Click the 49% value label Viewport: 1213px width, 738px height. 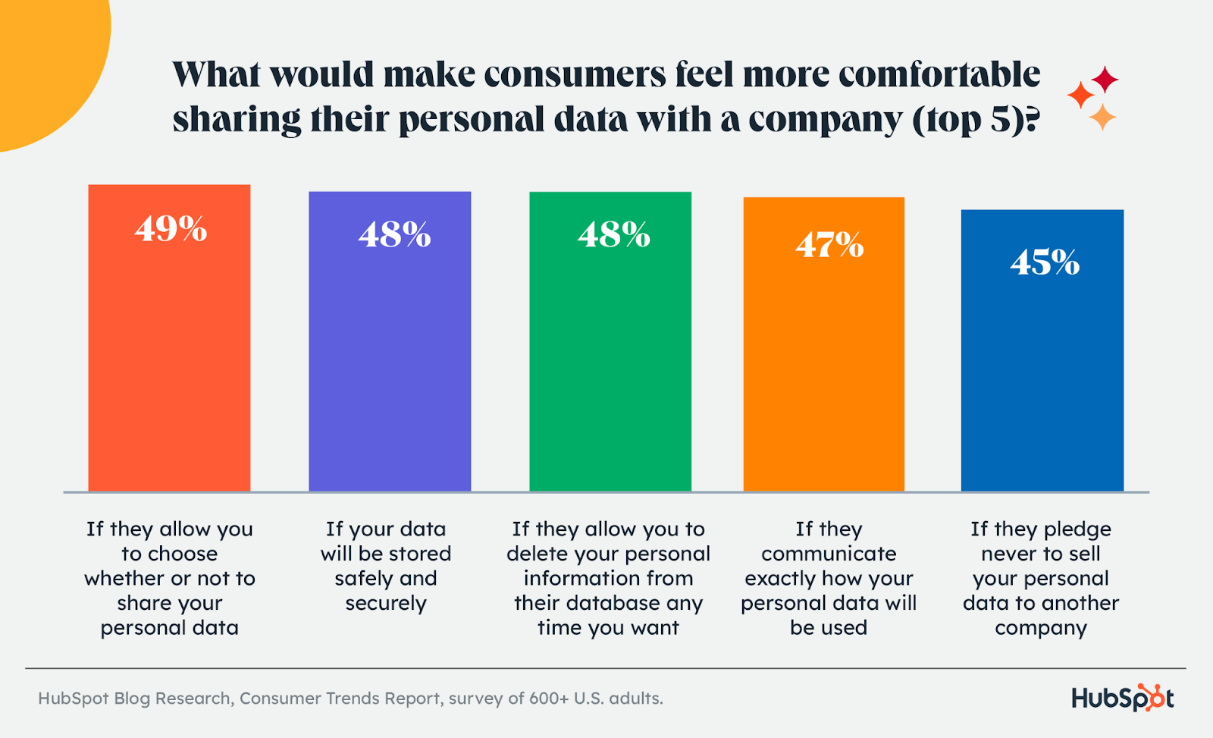click(x=171, y=228)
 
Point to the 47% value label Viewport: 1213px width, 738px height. click(x=829, y=245)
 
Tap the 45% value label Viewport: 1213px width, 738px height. click(x=1045, y=262)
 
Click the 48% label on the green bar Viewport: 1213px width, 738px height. click(x=614, y=235)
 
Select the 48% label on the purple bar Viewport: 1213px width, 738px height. click(x=394, y=235)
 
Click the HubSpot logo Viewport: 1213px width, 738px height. click(x=1122, y=698)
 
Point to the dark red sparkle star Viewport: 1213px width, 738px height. click(x=1105, y=79)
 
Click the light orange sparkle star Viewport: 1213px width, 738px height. click(x=1102, y=118)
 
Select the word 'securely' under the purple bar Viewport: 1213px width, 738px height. click(x=386, y=604)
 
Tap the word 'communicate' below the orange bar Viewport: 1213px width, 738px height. click(x=829, y=554)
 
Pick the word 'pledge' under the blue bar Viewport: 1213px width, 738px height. click(x=1077, y=529)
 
